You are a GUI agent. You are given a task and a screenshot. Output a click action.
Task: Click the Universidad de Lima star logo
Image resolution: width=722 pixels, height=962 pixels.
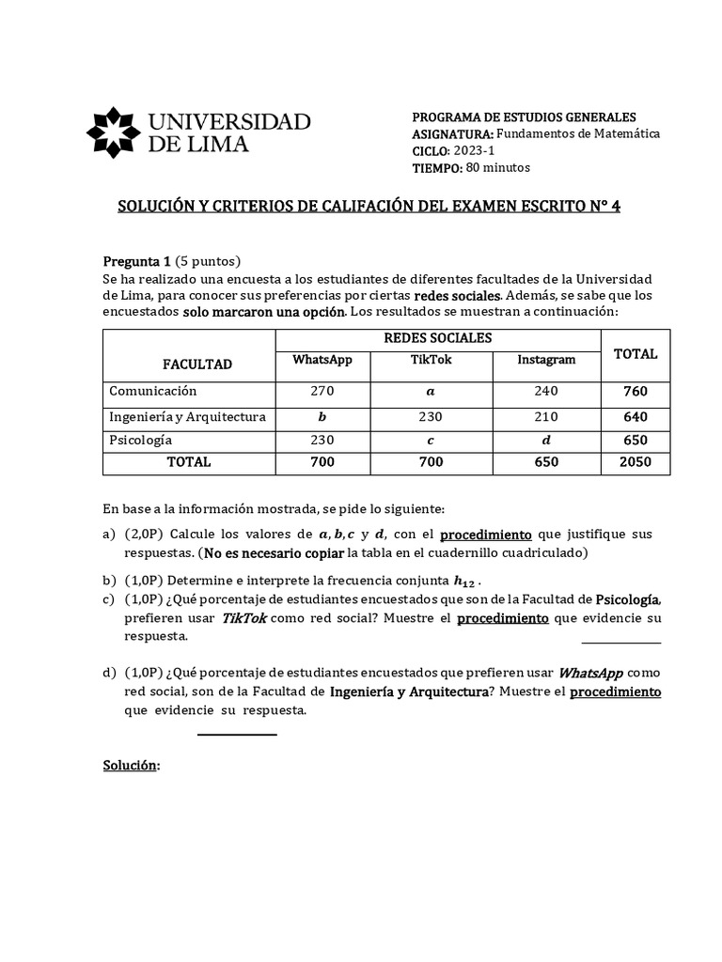(114, 132)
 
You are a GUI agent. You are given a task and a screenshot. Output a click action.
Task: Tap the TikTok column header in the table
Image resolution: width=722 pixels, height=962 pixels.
(431, 360)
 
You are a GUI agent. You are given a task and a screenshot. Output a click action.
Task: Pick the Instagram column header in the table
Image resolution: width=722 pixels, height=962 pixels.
(546, 360)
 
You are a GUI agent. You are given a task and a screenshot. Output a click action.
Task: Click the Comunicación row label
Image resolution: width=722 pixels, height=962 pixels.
(152, 391)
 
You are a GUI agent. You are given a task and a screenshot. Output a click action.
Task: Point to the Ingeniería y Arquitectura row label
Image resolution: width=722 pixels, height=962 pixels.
(187, 417)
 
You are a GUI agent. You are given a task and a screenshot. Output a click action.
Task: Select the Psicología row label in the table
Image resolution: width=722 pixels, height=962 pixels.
(141, 440)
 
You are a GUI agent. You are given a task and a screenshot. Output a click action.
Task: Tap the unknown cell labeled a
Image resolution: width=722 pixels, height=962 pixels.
(431, 392)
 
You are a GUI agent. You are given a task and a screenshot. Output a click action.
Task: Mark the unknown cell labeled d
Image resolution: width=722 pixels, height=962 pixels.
(546, 440)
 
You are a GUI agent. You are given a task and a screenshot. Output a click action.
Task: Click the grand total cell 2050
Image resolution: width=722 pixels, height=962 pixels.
(636, 462)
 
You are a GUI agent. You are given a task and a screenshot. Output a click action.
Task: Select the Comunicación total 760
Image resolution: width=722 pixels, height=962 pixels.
(636, 392)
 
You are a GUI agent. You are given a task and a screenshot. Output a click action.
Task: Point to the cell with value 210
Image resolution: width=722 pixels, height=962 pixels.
(546, 417)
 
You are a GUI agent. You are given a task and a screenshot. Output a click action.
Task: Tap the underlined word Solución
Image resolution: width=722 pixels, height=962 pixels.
(130, 766)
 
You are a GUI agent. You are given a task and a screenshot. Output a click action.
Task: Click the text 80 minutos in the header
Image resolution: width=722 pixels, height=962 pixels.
(498, 168)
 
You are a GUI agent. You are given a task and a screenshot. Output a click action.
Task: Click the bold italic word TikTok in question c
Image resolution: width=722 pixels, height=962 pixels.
(243, 617)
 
